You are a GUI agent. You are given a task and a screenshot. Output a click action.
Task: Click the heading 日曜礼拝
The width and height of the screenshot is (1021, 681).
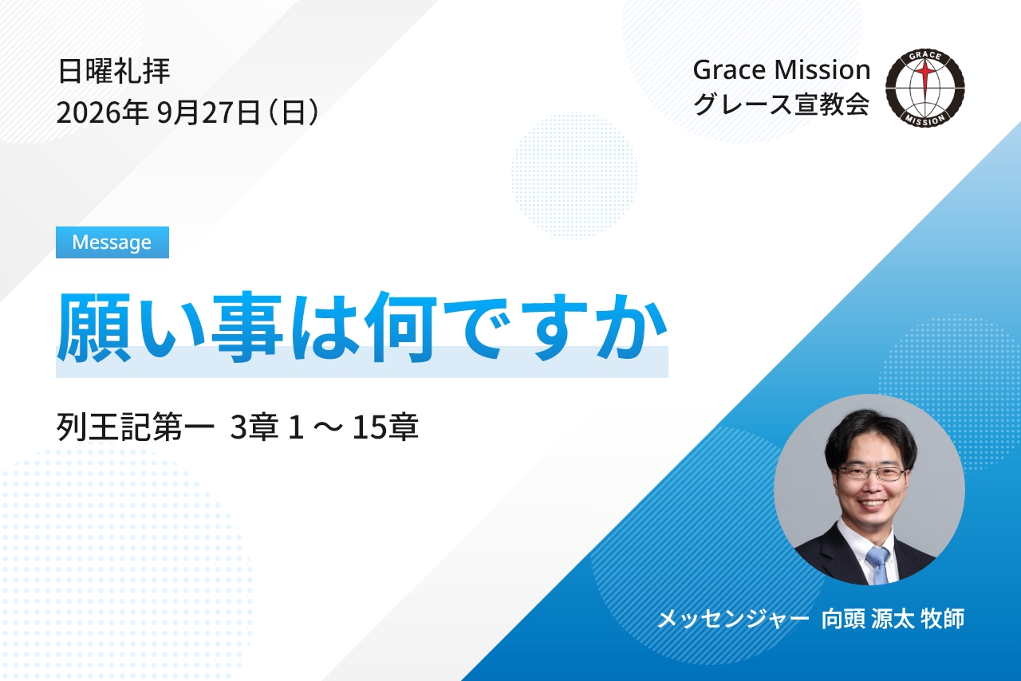coord(114,71)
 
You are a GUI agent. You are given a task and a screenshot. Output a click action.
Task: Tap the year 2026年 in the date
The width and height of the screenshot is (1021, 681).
coord(102,112)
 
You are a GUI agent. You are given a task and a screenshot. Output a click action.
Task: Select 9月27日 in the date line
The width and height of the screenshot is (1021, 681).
coord(209,112)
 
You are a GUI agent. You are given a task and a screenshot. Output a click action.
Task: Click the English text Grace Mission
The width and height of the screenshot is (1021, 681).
coord(781,70)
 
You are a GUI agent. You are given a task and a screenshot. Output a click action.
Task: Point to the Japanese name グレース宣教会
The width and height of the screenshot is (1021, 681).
coord(781,104)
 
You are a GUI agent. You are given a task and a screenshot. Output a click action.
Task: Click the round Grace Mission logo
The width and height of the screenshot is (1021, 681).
coord(924,88)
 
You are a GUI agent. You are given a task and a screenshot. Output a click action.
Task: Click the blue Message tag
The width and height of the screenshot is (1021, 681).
coord(112,242)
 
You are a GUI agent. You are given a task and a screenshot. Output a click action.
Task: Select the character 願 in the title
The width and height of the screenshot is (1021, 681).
coord(94,327)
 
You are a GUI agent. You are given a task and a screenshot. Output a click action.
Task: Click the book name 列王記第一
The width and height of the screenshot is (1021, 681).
coord(136,427)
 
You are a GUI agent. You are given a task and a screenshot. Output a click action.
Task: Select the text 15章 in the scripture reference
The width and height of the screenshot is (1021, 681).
coord(385,427)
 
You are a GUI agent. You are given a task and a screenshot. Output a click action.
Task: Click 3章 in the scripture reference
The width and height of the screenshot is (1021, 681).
coord(254,427)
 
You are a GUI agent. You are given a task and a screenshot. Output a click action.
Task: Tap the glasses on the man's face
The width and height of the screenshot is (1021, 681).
coord(872,474)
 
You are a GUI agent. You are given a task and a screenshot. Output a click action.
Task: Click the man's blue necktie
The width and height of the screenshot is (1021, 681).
coord(878,565)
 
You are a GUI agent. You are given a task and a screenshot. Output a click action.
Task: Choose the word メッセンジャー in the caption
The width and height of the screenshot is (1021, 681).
coord(733,619)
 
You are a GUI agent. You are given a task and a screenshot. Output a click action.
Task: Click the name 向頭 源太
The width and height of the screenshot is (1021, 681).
coord(867,619)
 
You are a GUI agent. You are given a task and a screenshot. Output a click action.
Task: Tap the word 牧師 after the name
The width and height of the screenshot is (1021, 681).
coord(943,619)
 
